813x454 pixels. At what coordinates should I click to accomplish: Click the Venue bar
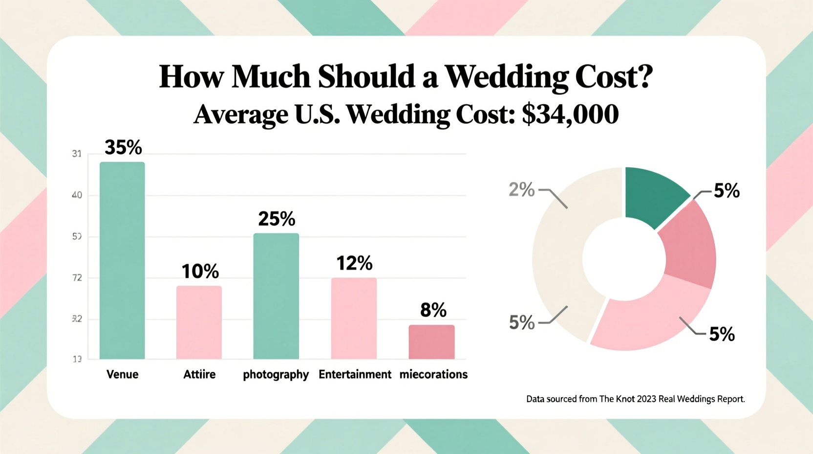(122, 260)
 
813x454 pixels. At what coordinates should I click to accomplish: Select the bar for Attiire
(199, 322)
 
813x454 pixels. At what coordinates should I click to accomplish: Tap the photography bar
(276, 296)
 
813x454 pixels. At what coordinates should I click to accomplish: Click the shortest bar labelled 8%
(431, 342)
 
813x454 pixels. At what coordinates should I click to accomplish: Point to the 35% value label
(123, 147)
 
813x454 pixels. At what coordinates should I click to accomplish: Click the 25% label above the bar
(277, 219)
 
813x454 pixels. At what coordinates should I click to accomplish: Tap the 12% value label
(354, 263)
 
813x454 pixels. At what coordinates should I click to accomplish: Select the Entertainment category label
(355, 374)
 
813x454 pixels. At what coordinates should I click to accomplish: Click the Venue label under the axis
(122, 374)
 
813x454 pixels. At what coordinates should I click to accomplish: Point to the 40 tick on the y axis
(77, 195)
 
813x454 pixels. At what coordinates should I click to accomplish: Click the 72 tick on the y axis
(77, 278)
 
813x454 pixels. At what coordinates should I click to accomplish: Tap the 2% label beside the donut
(521, 189)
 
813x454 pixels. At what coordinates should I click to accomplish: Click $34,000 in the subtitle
(570, 114)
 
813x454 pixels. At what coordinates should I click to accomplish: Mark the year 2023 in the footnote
(646, 399)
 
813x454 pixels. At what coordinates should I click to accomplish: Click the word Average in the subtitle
(241, 114)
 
